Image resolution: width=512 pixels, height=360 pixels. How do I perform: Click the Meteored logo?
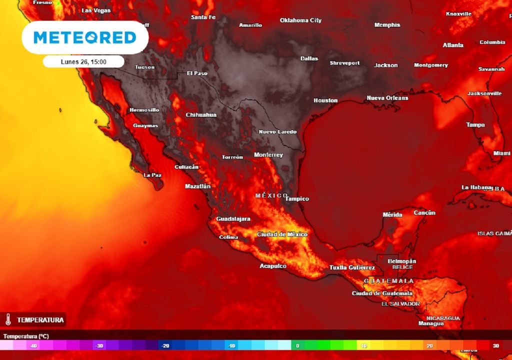point(84,37)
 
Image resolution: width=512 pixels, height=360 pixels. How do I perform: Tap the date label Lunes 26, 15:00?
point(83,61)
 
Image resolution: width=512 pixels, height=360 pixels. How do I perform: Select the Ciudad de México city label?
point(282,234)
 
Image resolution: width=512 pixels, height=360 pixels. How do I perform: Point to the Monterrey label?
point(268,155)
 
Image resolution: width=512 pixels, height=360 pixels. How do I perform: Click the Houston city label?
point(325,100)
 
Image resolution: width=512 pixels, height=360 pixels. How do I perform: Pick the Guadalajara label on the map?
point(233,219)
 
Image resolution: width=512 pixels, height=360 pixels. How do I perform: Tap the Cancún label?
point(424,213)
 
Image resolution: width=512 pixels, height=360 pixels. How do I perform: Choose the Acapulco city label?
point(273,266)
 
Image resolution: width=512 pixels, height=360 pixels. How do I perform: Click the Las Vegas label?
point(96,10)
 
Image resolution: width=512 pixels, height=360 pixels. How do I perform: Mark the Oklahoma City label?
point(300,20)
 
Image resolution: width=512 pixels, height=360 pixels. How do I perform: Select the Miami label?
point(501,153)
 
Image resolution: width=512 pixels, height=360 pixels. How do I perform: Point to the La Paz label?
point(152,175)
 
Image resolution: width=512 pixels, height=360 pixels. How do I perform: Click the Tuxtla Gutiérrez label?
point(352,268)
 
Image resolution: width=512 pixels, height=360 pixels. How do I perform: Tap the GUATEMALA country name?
point(388,281)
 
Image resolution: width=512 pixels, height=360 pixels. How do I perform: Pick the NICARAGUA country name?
point(443,318)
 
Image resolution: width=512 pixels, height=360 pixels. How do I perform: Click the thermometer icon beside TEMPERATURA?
point(8,319)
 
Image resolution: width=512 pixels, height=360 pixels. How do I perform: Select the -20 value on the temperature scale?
point(165,345)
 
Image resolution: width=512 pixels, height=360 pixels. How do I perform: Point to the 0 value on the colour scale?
point(297,345)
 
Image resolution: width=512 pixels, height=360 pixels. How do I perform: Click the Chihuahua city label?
point(201,115)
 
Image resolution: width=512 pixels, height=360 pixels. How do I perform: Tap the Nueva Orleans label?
point(387,98)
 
